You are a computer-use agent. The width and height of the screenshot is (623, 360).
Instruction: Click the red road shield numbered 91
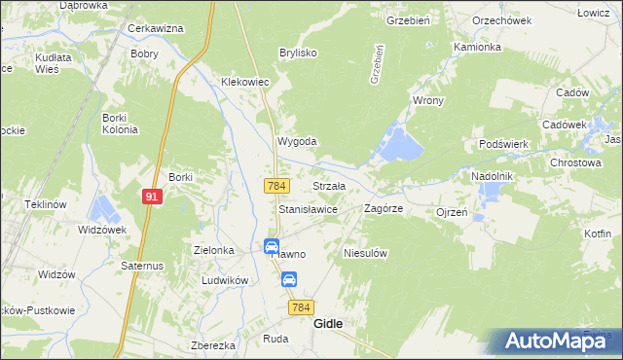(x=150, y=196)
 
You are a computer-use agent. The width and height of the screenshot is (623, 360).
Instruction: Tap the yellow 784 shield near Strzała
(x=276, y=185)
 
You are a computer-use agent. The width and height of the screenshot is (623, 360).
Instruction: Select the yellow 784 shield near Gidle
(x=301, y=307)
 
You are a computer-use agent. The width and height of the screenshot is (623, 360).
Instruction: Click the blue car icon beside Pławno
(x=272, y=246)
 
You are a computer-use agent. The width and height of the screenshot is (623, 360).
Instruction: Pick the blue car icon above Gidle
(x=289, y=280)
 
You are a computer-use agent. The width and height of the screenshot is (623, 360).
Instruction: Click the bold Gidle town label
(x=327, y=325)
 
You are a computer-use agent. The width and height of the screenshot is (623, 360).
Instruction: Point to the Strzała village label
(x=328, y=185)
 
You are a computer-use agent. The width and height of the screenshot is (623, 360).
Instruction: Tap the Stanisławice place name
(x=308, y=209)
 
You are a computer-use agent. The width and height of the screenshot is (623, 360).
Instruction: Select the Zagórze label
(x=384, y=208)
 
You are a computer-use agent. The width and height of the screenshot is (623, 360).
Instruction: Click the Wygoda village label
(x=298, y=141)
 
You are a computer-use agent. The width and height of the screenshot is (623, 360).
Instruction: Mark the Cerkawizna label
(x=156, y=28)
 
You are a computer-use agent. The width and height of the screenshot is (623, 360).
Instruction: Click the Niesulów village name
(x=367, y=253)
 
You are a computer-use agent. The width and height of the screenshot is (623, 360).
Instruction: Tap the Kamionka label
(x=477, y=47)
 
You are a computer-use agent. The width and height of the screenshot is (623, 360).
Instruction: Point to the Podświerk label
(x=503, y=144)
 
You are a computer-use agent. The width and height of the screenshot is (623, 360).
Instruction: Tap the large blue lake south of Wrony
(x=401, y=145)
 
